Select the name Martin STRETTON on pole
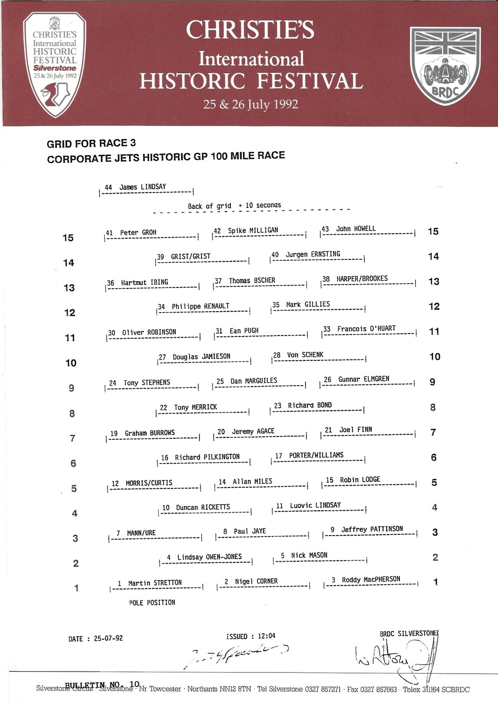point(155,583)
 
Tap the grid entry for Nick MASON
point(309,556)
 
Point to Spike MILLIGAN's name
point(253,230)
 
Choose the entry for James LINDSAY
point(142,187)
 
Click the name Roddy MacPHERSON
point(371,579)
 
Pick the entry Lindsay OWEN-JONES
point(209,557)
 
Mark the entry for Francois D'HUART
point(366,329)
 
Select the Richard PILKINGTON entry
point(207,457)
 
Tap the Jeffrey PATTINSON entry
point(372,529)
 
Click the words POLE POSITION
point(152,603)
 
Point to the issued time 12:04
point(267,636)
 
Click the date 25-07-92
point(108,638)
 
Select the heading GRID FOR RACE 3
point(91,143)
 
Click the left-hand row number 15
point(68,238)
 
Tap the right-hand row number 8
point(433,408)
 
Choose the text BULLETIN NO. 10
point(102,685)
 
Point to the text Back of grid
point(209,206)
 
